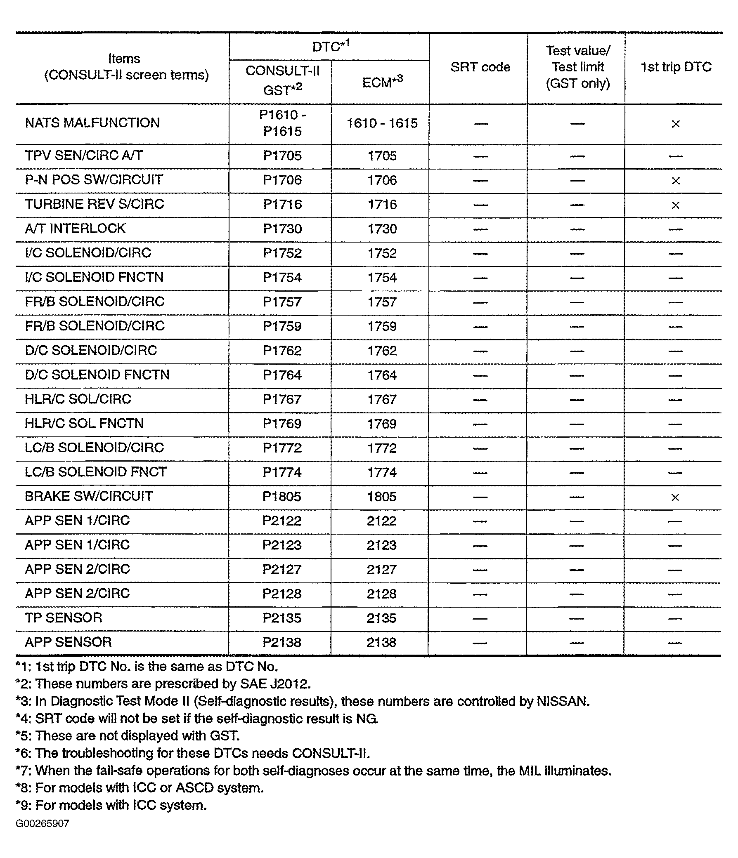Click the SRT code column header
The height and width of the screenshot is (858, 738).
point(480,67)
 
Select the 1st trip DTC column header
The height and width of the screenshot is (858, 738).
point(675,67)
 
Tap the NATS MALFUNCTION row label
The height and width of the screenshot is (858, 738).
point(92,123)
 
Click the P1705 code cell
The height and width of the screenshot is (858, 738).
point(282,156)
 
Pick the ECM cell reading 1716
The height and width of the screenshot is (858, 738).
point(382,205)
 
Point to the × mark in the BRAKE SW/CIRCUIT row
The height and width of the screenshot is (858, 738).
point(675,497)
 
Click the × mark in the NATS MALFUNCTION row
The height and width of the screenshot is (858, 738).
point(675,124)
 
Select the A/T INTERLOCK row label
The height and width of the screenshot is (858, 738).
point(75,229)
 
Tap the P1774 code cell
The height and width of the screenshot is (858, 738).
point(282,472)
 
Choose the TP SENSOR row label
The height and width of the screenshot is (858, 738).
point(63,618)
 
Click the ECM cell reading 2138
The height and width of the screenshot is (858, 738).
point(381,643)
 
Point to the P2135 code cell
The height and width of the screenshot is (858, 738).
point(282,618)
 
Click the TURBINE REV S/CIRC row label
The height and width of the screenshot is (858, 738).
point(95,204)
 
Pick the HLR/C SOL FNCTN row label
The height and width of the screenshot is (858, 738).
point(84,423)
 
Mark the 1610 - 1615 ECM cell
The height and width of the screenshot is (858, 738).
point(382,123)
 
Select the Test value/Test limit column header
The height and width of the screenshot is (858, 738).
point(577,67)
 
